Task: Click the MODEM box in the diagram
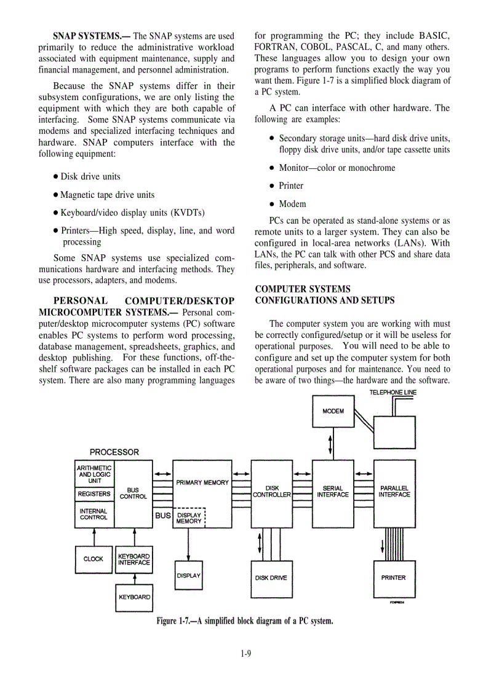(333, 411)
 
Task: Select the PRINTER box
(394, 578)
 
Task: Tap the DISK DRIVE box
(271, 578)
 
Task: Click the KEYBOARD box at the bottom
(134, 597)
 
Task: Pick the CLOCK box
(94, 559)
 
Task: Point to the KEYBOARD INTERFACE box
(133, 559)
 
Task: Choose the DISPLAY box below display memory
(188, 576)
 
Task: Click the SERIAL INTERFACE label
(333, 492)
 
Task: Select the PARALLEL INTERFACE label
(394, 492)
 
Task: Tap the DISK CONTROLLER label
(271, 492)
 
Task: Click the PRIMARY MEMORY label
(202, 483)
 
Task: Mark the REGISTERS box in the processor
(94, 494)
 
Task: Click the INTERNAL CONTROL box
(94, 514)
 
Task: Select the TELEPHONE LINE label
(392, 393)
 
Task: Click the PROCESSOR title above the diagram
(114, 452)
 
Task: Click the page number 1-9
(246, 654)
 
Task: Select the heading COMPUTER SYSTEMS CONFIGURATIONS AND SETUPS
(325, 294)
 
